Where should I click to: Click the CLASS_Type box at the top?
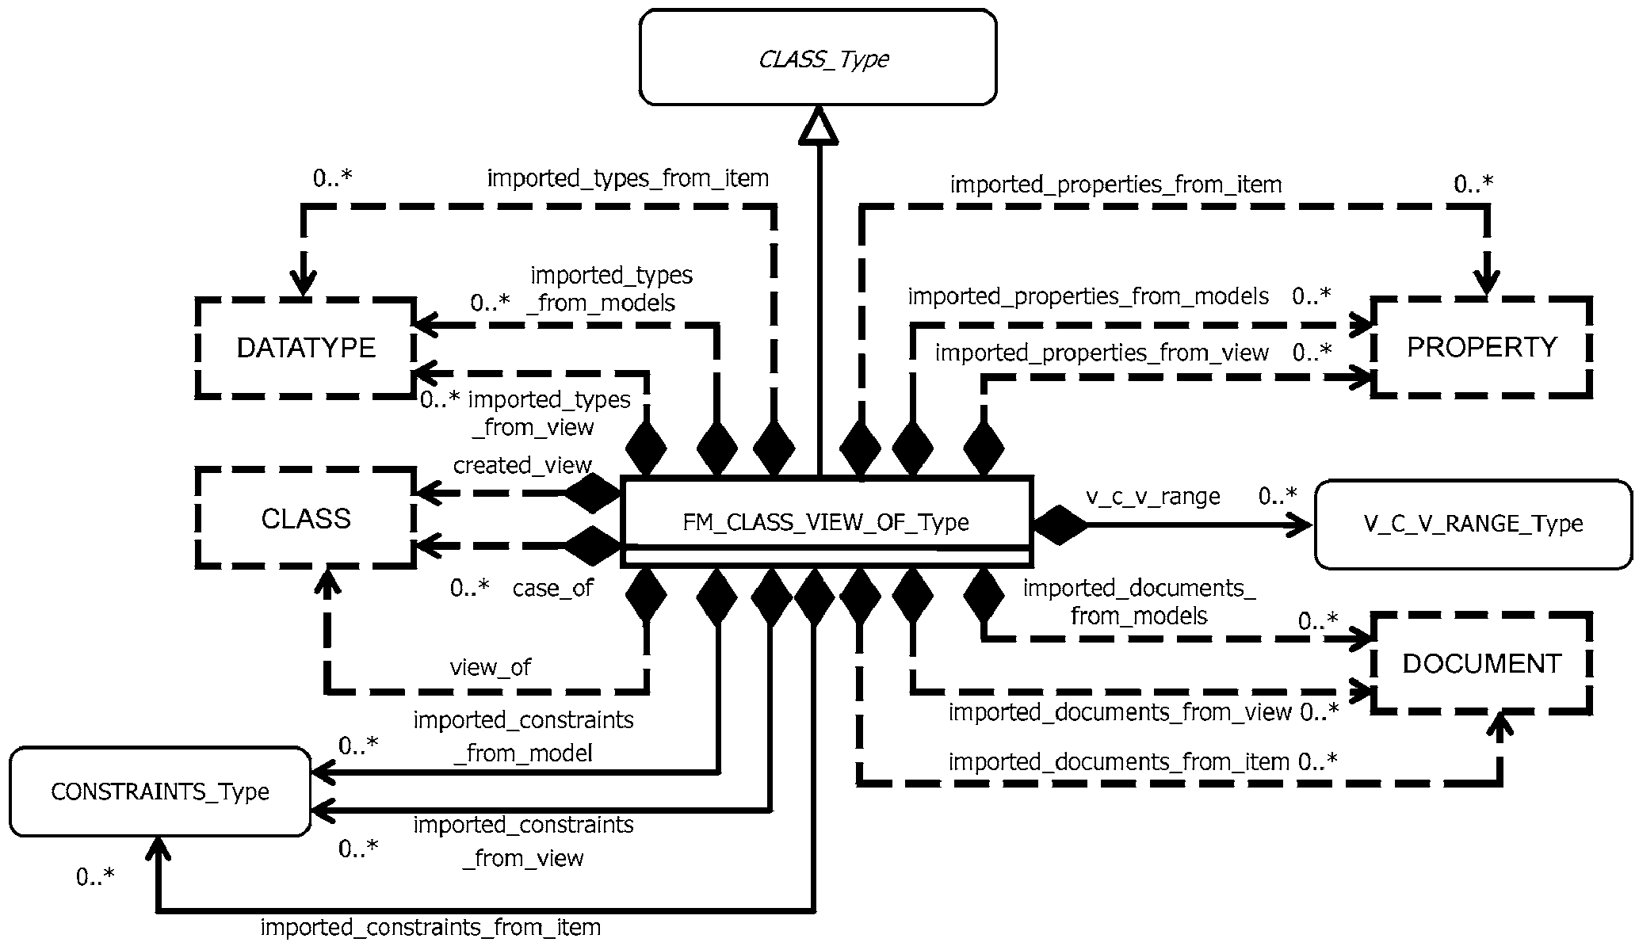818,58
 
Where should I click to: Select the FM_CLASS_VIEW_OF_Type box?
826,521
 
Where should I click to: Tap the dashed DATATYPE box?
306,348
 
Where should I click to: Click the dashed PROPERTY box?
1481,347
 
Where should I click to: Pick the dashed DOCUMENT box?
1481,663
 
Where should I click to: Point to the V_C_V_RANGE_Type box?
1473,524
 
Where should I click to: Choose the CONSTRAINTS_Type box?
160,792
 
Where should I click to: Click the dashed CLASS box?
306,519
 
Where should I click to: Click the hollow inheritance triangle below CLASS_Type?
818,127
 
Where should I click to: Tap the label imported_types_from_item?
628,178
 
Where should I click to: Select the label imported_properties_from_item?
1115,185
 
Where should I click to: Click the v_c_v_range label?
1152,497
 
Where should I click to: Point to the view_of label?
491,667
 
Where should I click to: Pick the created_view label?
522,465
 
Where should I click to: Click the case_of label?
552,588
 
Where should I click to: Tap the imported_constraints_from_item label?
430,927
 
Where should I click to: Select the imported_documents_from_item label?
1118,761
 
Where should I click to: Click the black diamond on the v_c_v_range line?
1059,524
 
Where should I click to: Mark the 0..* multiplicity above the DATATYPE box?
332,179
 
